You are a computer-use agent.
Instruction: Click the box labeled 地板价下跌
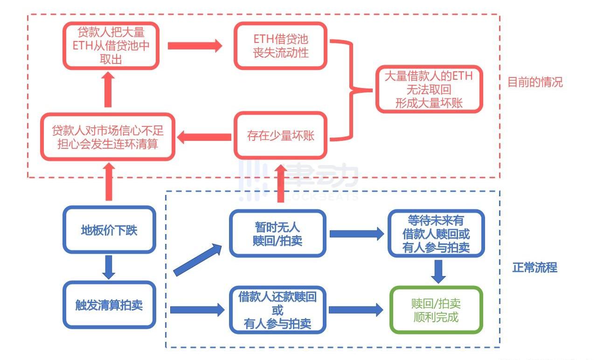pos(109,230)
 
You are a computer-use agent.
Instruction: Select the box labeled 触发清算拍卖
pos(109,305)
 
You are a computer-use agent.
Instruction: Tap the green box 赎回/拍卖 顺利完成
pos(436,310)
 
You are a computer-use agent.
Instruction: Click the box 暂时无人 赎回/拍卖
pos(278,233)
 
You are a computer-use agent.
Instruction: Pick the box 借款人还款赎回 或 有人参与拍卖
pos(278,310)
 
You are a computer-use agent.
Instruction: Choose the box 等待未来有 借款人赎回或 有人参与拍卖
pos(436,233)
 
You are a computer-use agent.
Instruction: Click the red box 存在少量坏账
pos(281,136)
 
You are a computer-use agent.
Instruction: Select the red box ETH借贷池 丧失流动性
pos(281,46)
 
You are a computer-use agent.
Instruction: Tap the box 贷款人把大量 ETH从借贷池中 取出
pos(111,46)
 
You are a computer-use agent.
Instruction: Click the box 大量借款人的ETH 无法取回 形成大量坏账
pos(429,89)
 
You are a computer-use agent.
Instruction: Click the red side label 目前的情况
pos(535,83)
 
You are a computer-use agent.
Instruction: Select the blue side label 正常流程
pos(535,268)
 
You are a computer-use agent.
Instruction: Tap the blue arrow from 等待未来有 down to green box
pos(438,271)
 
